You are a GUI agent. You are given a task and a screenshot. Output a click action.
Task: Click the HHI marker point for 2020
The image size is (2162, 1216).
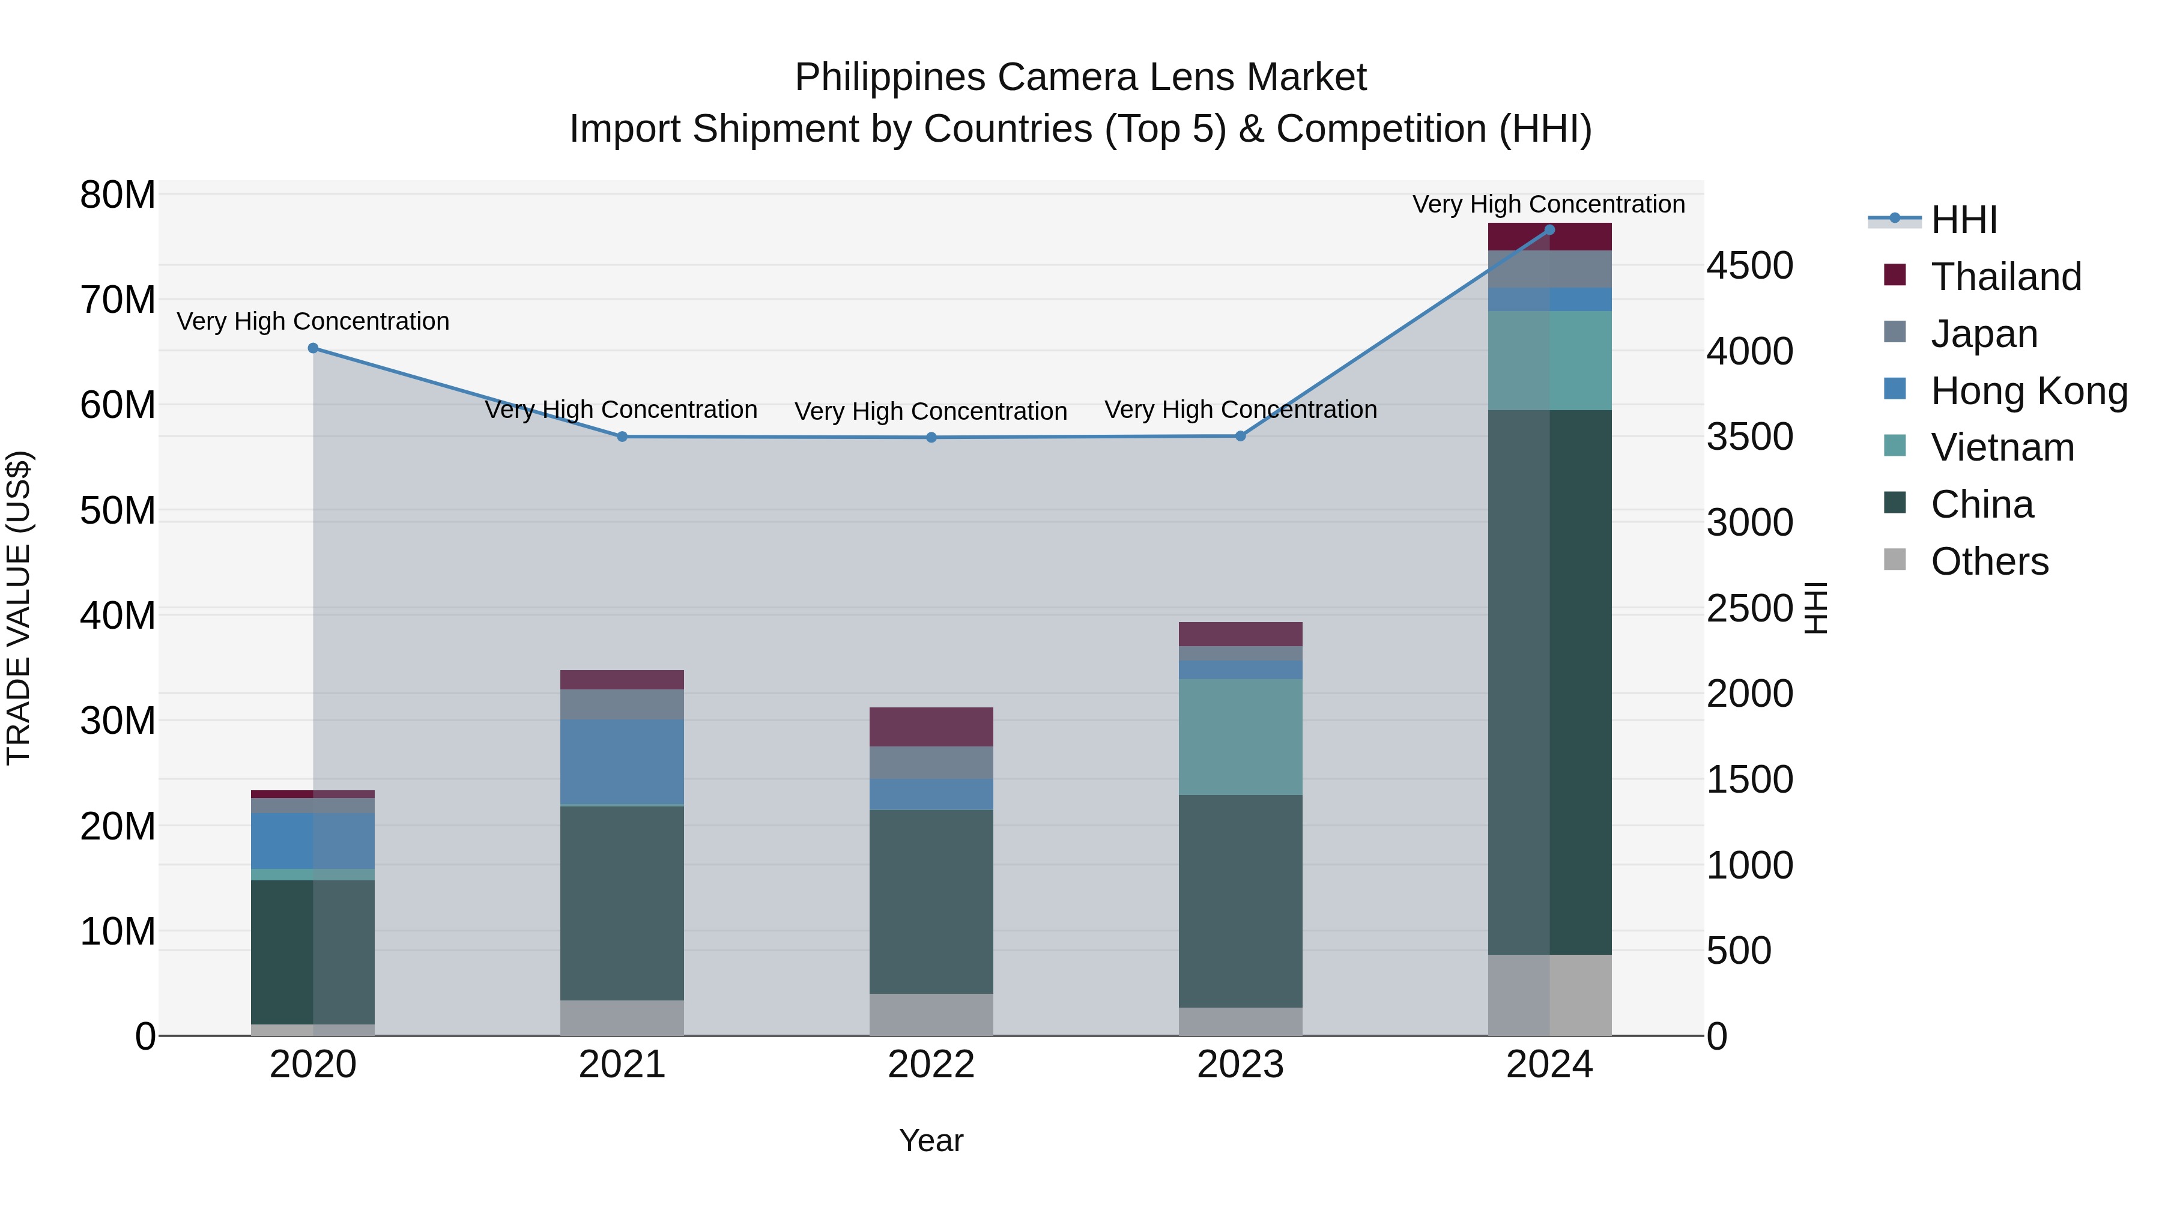click(x=313, y=348)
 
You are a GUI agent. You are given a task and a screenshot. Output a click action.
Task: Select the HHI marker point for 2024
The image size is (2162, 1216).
click(x=1549, y=230)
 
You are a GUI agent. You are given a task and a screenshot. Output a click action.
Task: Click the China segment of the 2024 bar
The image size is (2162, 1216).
click(x=1549, y=682)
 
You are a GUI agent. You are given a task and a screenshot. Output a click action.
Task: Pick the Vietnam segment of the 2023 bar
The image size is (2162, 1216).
click(x=1241, y=737)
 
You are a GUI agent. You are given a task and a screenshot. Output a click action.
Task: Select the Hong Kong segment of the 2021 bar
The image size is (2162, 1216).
click(x=622, y=761)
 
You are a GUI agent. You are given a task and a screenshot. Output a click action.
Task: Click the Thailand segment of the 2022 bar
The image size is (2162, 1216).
click(x=931, y=727)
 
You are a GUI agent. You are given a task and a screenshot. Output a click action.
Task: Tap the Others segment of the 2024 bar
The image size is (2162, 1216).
click(x=1549, y=994)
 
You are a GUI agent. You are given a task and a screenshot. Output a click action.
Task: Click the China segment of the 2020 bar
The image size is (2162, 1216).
click(x=313, y=952)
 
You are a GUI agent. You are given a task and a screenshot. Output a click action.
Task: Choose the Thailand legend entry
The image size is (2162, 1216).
click(x=2006, y=277)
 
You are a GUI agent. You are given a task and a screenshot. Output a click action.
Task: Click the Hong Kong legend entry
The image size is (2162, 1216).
click(x=2029, y=391)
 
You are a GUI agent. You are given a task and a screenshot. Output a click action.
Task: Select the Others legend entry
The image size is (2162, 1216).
click(x=1989, y=561)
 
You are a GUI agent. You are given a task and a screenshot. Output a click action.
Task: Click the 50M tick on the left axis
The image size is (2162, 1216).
click(x=118, y=510)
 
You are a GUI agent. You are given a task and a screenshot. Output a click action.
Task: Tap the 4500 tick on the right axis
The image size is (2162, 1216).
click(x=1750, y=265)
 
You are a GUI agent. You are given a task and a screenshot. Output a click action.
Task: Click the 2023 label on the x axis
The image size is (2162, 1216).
click(x=1241, y=1065)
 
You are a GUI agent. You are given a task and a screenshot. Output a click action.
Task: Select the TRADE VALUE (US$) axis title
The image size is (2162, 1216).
click(x=19, y=608)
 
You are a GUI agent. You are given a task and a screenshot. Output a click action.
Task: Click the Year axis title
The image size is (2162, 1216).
click(x=931, y=1140)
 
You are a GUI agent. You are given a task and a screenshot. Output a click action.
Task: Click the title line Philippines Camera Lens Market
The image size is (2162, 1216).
click(x=1080, y=77)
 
